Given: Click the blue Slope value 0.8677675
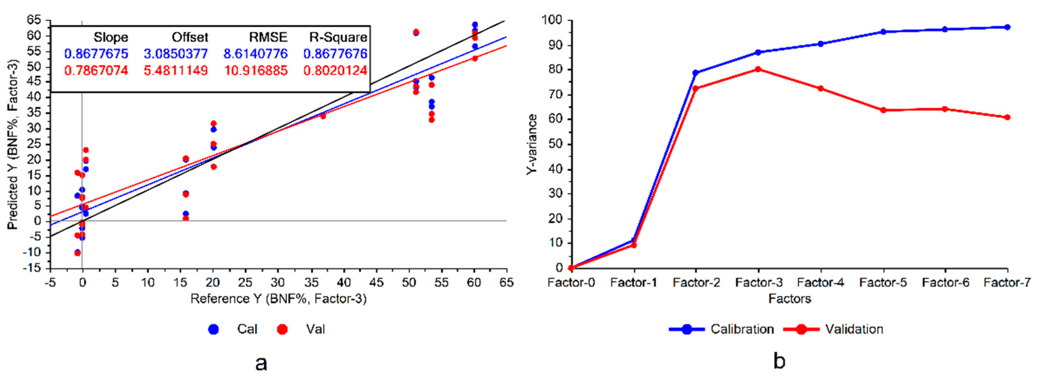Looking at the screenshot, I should point(96,54).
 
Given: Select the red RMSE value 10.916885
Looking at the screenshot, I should point(256,71).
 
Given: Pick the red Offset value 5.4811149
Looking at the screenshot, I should point(176,71).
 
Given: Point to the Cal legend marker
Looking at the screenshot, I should point(213,329).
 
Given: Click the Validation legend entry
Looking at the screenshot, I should point(854,329).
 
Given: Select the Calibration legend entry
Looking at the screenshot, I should point(742,329).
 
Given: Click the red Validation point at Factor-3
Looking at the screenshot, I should point(758,69).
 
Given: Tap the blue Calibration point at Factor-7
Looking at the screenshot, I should point(1007,27).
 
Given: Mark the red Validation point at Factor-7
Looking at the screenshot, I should point(1007,117).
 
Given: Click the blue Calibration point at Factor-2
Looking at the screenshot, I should point(696,73).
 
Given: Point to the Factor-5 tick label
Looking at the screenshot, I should point(883,282).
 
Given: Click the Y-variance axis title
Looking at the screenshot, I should point(532,144).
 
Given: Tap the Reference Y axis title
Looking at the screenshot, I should point(279,299).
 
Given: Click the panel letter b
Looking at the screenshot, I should point(779,361).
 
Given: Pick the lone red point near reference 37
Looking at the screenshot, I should point(323,116).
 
